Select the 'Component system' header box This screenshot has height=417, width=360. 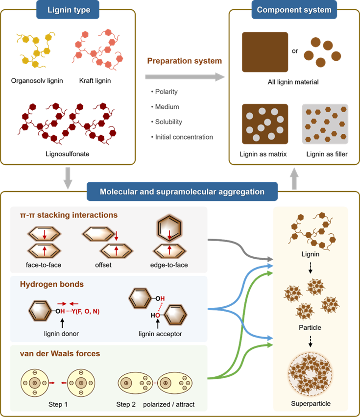click(x=294, y=9)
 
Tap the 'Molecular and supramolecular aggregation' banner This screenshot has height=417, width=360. click(x=182, y=192)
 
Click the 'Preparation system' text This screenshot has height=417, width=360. click(x=184, y=61)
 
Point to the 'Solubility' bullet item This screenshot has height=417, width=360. click(x=168, y=122)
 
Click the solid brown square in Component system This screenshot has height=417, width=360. click(x=264, y=52)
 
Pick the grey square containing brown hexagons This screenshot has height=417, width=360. click(x=325, y=123)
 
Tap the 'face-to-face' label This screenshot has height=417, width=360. click(x=44, y=266)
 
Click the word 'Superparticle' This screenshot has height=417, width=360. click(x=311, y=403)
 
